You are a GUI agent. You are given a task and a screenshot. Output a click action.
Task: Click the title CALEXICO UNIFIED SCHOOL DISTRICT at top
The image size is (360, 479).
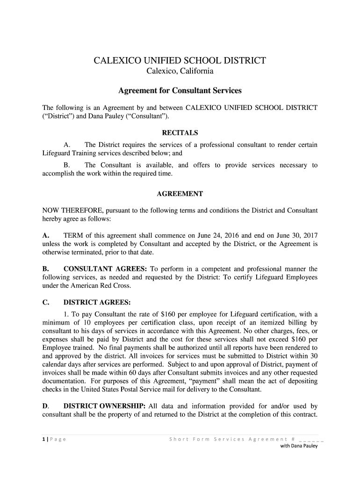pyautogui.click(x=180, y=61)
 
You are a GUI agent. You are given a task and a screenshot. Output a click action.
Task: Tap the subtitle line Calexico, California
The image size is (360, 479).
pyautogui.click(x=180, y=72)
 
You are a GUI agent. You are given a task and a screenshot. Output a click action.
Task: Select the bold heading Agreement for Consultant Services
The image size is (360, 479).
pyautogui.click(x=180, y=90)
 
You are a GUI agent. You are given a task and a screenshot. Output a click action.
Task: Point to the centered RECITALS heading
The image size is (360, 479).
pyautogui.click(x=180, y=132)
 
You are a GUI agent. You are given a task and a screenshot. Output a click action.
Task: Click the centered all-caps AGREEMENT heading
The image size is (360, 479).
pyautogui.click(x=180, y=194)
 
